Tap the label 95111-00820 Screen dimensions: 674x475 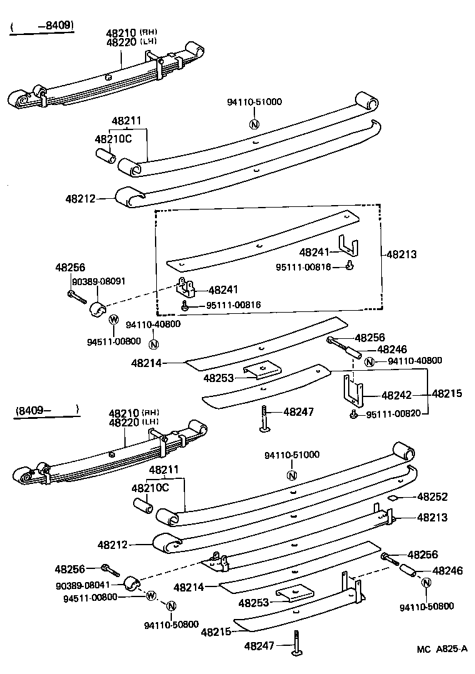click(396, 415)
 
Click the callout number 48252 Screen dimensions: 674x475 click(432, 497)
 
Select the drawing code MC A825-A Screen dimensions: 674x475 click(442, 649)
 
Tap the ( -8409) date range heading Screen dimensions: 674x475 click(42, 26)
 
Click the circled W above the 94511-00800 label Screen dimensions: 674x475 click(114, 319)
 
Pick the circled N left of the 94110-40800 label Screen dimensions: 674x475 click(369, 361)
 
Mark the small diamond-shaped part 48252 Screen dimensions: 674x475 click(394, 498)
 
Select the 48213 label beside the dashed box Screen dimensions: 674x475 click(401, 254)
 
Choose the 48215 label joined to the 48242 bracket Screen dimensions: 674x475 click(446, 394)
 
